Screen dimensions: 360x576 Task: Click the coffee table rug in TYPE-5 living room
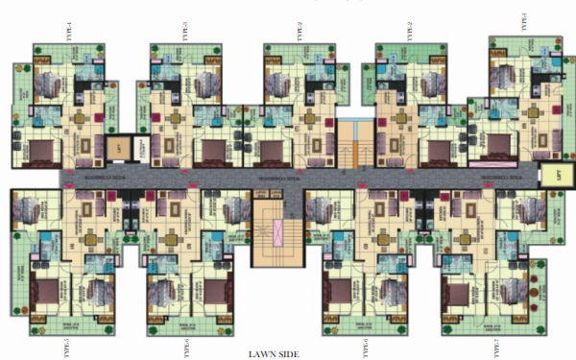85,205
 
